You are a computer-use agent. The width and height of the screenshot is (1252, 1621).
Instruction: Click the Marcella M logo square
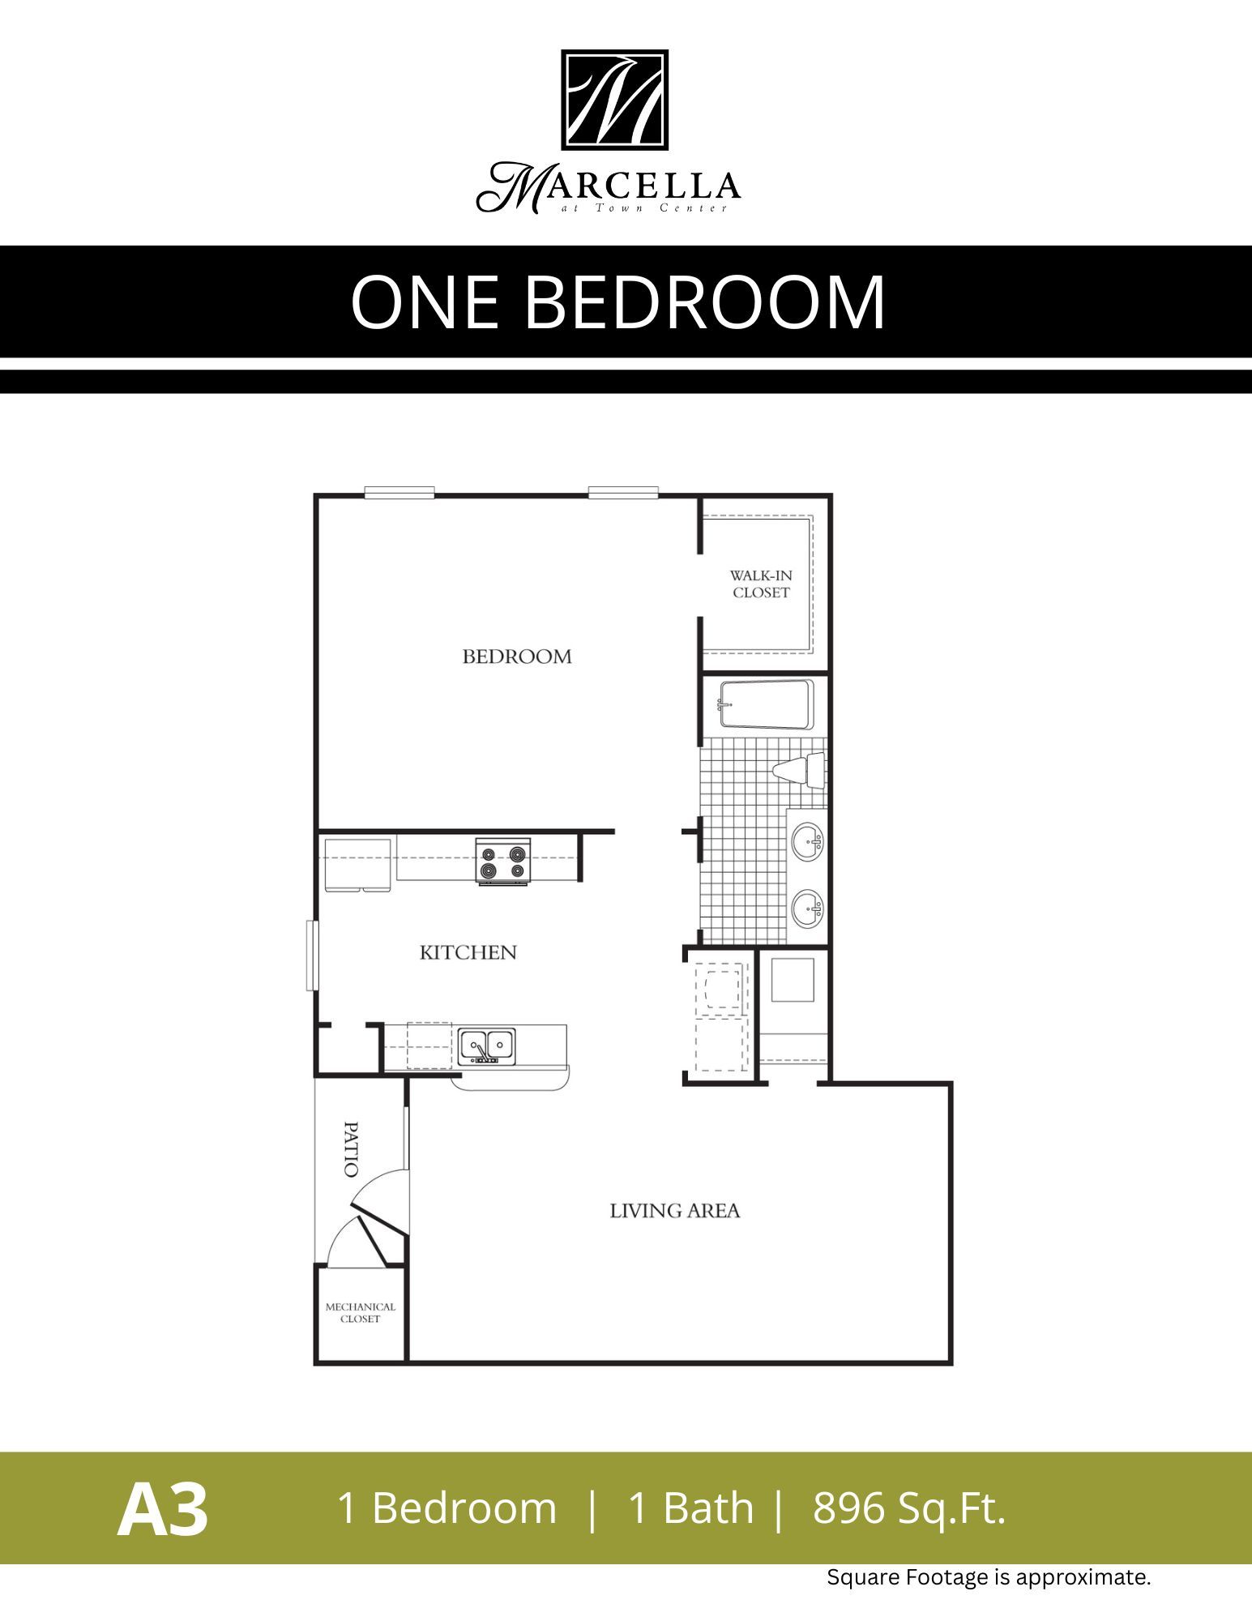[614, 100]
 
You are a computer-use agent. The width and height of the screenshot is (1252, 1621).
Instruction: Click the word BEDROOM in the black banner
[705, 302]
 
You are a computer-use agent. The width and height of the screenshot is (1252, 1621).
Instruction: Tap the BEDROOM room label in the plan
[517, 657]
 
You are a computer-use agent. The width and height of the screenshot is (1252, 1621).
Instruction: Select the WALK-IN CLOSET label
[761, 584]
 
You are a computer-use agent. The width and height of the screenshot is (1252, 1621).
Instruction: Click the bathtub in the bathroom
[765, 704]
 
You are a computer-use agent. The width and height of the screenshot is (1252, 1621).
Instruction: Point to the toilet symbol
[798, 768]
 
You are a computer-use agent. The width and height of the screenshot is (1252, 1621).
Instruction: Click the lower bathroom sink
[806, 908]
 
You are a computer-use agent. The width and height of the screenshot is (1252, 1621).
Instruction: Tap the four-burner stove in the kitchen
[502, 862]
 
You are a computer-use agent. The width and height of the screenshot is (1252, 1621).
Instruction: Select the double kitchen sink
[487, 1046]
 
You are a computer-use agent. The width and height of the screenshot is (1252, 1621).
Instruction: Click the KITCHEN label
[468, 952]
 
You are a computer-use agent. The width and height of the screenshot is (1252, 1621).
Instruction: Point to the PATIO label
[351, 1149]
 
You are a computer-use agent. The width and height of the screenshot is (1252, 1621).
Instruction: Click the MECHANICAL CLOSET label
[360, 1313]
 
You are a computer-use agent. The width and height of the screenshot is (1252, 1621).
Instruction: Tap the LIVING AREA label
[674, 1211]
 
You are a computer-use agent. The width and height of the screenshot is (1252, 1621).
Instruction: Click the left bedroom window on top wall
[399, 492]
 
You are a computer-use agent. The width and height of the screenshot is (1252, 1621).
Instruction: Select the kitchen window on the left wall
[310, 955]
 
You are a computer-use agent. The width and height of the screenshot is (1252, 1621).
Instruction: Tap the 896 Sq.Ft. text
[908, 1508]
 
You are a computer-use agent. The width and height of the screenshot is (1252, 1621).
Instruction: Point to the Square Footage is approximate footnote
[988, 1577]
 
